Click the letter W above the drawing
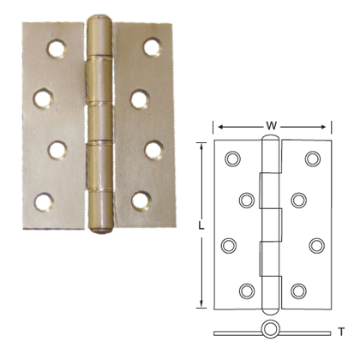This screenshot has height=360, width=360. pos(271,127)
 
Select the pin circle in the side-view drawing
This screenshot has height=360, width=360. pos(272,330)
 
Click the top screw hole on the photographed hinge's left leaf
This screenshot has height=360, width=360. pos(59,48)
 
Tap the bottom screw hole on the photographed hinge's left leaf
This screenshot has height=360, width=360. pos(43,202)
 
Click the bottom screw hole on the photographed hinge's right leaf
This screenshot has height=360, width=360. pos(141,202)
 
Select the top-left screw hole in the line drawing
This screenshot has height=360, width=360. pos(232,159)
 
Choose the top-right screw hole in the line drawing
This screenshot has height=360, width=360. pos(313,159)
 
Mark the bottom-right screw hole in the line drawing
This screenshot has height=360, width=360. pos(298,291)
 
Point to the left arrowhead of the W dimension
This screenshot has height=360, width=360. pos(217,127)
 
